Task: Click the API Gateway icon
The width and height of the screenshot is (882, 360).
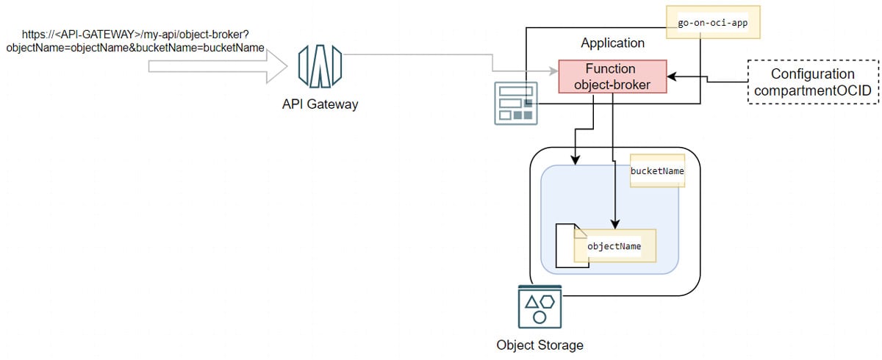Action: coord(320,66)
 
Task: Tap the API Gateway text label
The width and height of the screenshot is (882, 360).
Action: coord(320,104)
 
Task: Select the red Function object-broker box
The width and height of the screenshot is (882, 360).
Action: coord(612,76)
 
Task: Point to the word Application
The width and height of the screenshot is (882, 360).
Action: coord(612,43)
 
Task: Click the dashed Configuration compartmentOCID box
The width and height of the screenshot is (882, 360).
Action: coord(812,82)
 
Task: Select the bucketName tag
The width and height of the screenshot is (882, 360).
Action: coord(657,171)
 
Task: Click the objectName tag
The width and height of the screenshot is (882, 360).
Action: coord(614,246)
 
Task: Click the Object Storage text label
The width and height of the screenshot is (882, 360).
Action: coord(539,345)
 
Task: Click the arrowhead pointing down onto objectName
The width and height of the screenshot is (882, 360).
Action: coord(614,224)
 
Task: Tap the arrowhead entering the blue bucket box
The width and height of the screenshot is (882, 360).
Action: coord(574,160)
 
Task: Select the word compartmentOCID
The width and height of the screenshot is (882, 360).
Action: coord(812,90)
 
